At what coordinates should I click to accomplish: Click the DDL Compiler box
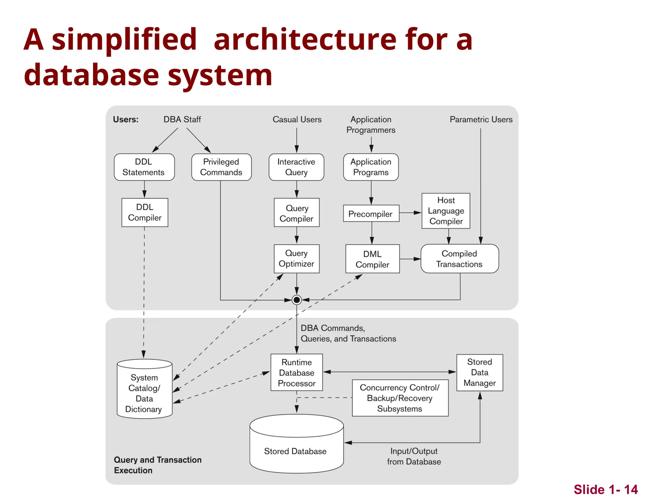click(145, 212)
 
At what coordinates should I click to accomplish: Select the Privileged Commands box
click(221, 167)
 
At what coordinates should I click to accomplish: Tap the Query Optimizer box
click(296, 258)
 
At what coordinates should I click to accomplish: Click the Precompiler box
click(371, 214)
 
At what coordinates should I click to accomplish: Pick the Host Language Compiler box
click(446, 211)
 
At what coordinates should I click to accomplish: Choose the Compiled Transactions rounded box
click(459, 259)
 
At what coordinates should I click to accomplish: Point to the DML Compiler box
click(372, 259)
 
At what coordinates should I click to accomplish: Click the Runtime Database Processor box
click(296, 372)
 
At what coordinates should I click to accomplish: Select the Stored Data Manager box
click(479, 372)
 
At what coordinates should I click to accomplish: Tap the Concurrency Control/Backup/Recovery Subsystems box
click(400, 398)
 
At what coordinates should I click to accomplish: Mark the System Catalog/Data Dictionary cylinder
click(144, 392)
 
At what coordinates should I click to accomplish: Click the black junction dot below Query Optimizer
click(296, 300)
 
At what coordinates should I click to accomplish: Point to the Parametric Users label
click(481, 119)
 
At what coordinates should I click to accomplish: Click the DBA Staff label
click(182, 119)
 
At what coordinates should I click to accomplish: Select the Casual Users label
click(297, 119)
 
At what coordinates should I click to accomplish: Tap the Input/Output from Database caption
click(414, 456)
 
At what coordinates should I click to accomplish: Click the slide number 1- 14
click(605, 490)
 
